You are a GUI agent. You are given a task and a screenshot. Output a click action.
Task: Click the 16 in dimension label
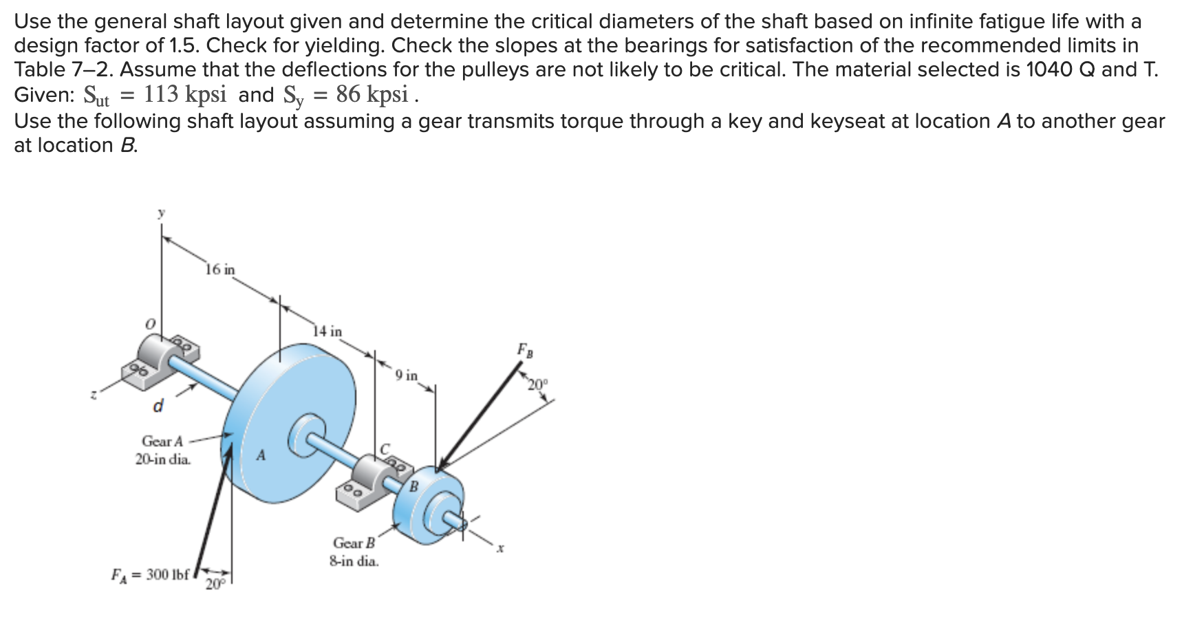click(220, 270)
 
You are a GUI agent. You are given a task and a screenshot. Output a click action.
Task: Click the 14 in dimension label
click(327, 332)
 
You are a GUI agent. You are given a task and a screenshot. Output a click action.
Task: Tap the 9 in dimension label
click(407, 376)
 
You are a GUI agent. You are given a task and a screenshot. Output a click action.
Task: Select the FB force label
click(525, 350)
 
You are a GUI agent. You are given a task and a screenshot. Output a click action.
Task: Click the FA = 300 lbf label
click(150, 574)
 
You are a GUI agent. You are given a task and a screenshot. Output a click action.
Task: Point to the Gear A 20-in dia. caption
click(163, 450)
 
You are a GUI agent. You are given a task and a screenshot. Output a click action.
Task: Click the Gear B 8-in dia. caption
click(354, 552)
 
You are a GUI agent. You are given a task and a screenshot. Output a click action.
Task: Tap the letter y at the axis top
click(161, 214)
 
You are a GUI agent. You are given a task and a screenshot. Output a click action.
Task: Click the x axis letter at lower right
click(502, 549)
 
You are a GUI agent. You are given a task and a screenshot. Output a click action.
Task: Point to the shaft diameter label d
click(158, 406)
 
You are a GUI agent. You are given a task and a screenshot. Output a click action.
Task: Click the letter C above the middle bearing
click(385, 448)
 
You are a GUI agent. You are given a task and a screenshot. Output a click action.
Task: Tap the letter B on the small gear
click(414, 487)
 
